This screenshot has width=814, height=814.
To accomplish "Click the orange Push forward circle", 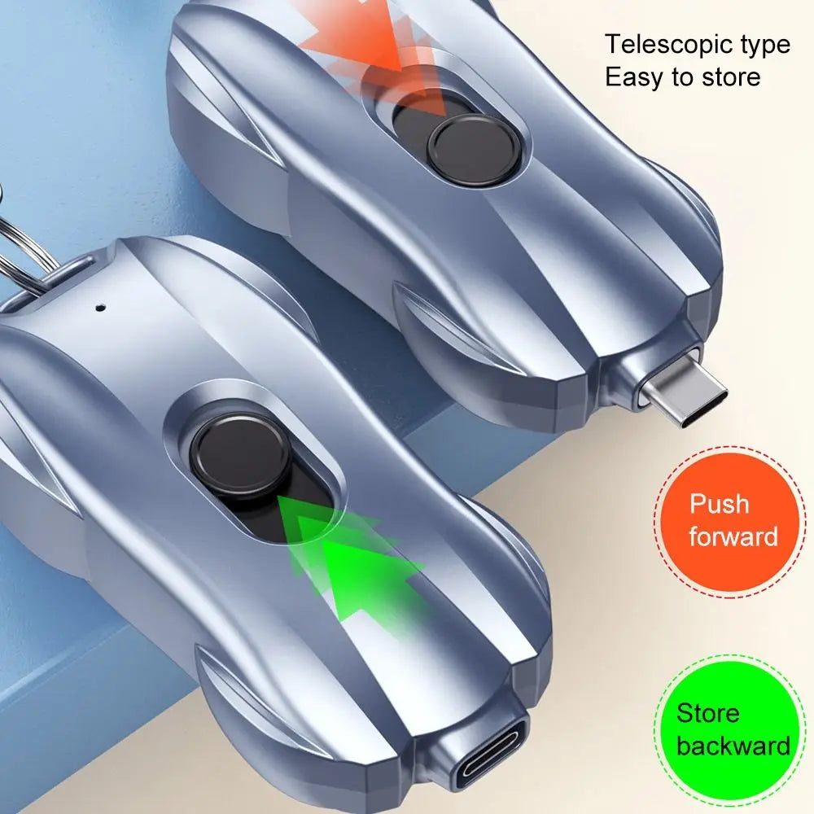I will [x=730, y=519].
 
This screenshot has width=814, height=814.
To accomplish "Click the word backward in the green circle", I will [x=733, y=746].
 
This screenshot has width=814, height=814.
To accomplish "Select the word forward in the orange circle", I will [x=733, y=536].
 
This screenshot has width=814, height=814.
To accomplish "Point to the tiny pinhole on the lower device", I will [x=100, y=308].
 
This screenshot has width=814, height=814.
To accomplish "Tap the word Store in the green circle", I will [x=708, y=714].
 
